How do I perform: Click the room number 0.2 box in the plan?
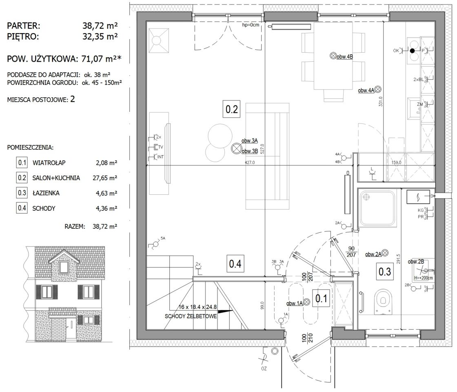pos(231,109)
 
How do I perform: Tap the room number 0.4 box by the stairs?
pos(235,264)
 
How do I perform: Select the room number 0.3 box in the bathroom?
pos(384,272)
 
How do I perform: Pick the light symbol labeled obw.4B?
pos(333,56)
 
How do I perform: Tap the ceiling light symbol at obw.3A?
pos(235,149)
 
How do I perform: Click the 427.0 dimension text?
pos(249,163)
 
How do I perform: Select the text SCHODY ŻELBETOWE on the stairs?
pos(191,316)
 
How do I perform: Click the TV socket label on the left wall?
pos(161,147)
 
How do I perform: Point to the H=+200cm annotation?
pos(423,278)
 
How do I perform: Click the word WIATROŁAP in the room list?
pos(49,163)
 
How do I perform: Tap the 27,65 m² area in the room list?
pos(105,178)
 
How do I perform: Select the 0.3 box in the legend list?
pos(22,193)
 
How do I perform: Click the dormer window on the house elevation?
pos(63,266)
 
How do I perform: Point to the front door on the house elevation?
pos(70,328)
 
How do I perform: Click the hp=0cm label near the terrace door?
pos(251,25)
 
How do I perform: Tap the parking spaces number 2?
pos(73,99)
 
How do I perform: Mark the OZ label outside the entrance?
pos(264,369)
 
